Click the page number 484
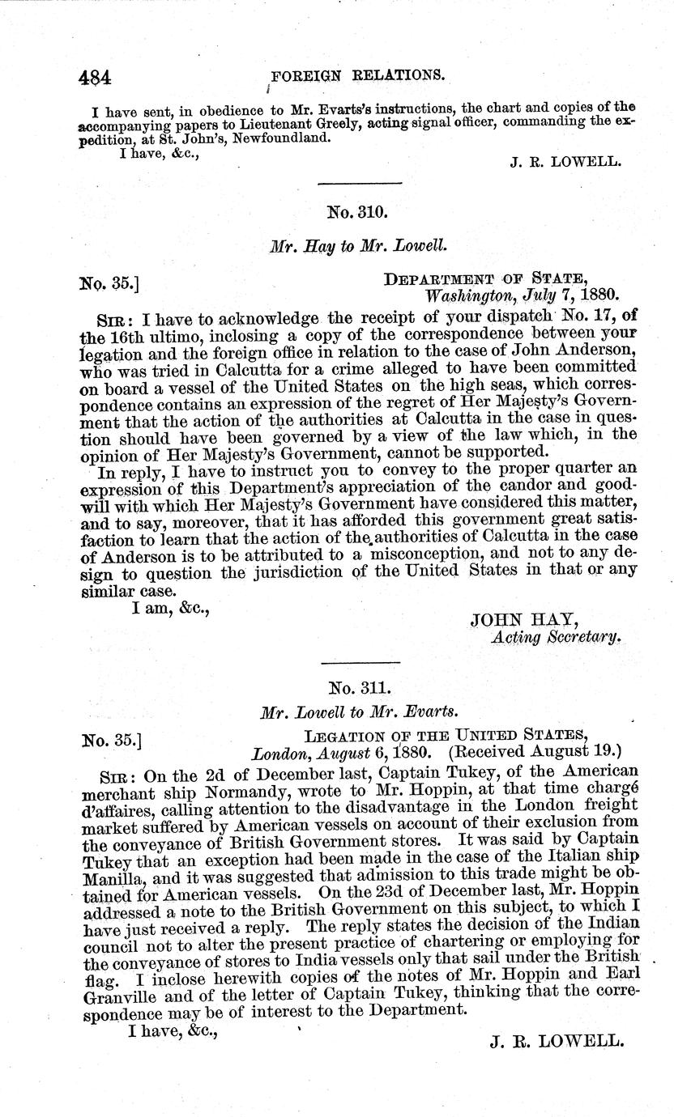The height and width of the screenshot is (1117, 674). [95, 78]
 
